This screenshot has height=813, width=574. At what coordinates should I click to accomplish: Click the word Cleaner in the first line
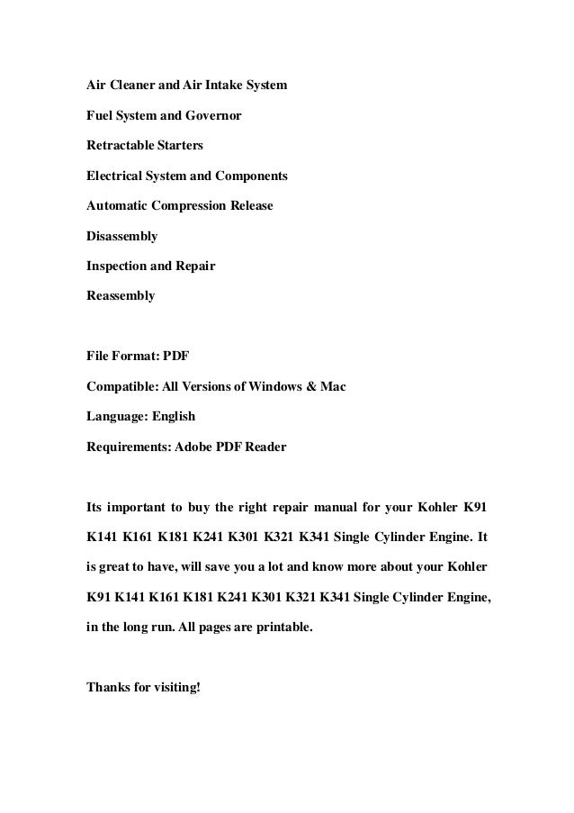pos(132,86)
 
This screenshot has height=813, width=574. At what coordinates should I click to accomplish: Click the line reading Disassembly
pos(121,236)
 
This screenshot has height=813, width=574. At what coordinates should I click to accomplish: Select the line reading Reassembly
pos(121,294)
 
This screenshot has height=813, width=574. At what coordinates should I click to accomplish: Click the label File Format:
pos(122,357)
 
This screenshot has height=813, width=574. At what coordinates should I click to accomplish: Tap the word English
pos(171,417)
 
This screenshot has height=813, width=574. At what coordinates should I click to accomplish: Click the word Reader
pos(265,447)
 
